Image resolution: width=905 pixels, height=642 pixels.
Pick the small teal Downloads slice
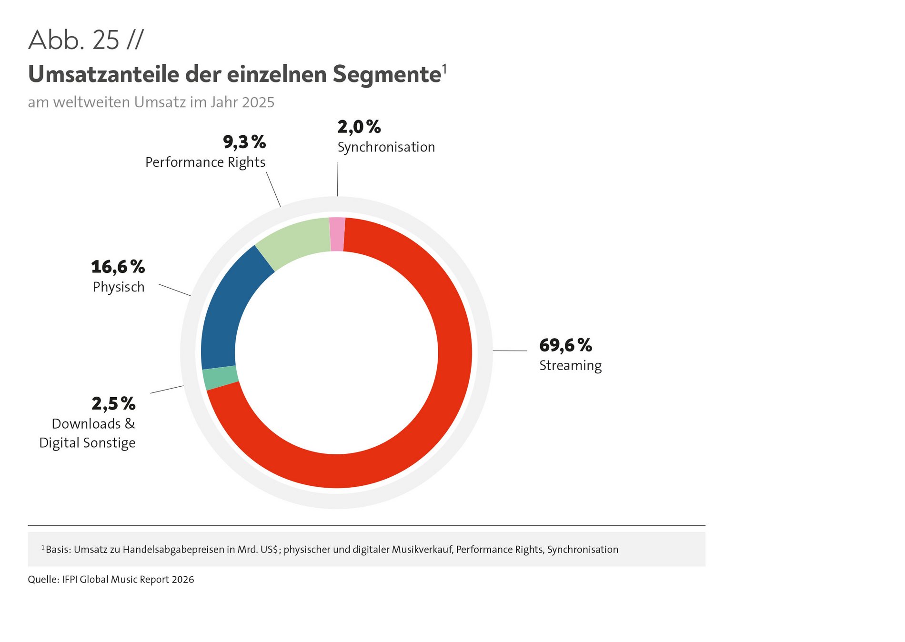click(x=220, y=378)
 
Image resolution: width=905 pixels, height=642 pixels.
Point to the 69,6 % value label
click(x=565, y=345)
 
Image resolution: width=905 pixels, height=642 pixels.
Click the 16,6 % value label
click(x=118, y=267)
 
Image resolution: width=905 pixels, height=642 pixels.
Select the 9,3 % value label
click(x=244, y=142)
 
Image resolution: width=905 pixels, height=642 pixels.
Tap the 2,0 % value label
click(x=359, y=127)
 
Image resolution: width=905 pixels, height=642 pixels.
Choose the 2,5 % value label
click(x=113, y=404)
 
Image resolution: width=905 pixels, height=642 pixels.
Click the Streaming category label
click(x=570, y=366)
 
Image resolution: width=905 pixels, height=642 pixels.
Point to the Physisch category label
click(x=119, y=287)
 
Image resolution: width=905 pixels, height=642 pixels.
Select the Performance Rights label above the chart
click(x=205, y=162)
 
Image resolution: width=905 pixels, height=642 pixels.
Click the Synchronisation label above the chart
click(x=386, y=147)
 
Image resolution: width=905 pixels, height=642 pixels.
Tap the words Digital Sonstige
click(x=87, y=443)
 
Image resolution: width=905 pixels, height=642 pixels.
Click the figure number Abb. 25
click(x=74, y=40)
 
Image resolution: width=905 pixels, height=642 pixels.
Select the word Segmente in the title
click(x=387, y=74)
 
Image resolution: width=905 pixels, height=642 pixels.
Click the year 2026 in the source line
click(x=183, y=580)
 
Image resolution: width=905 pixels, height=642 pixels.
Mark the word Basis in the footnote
click(x=58, y=550)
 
